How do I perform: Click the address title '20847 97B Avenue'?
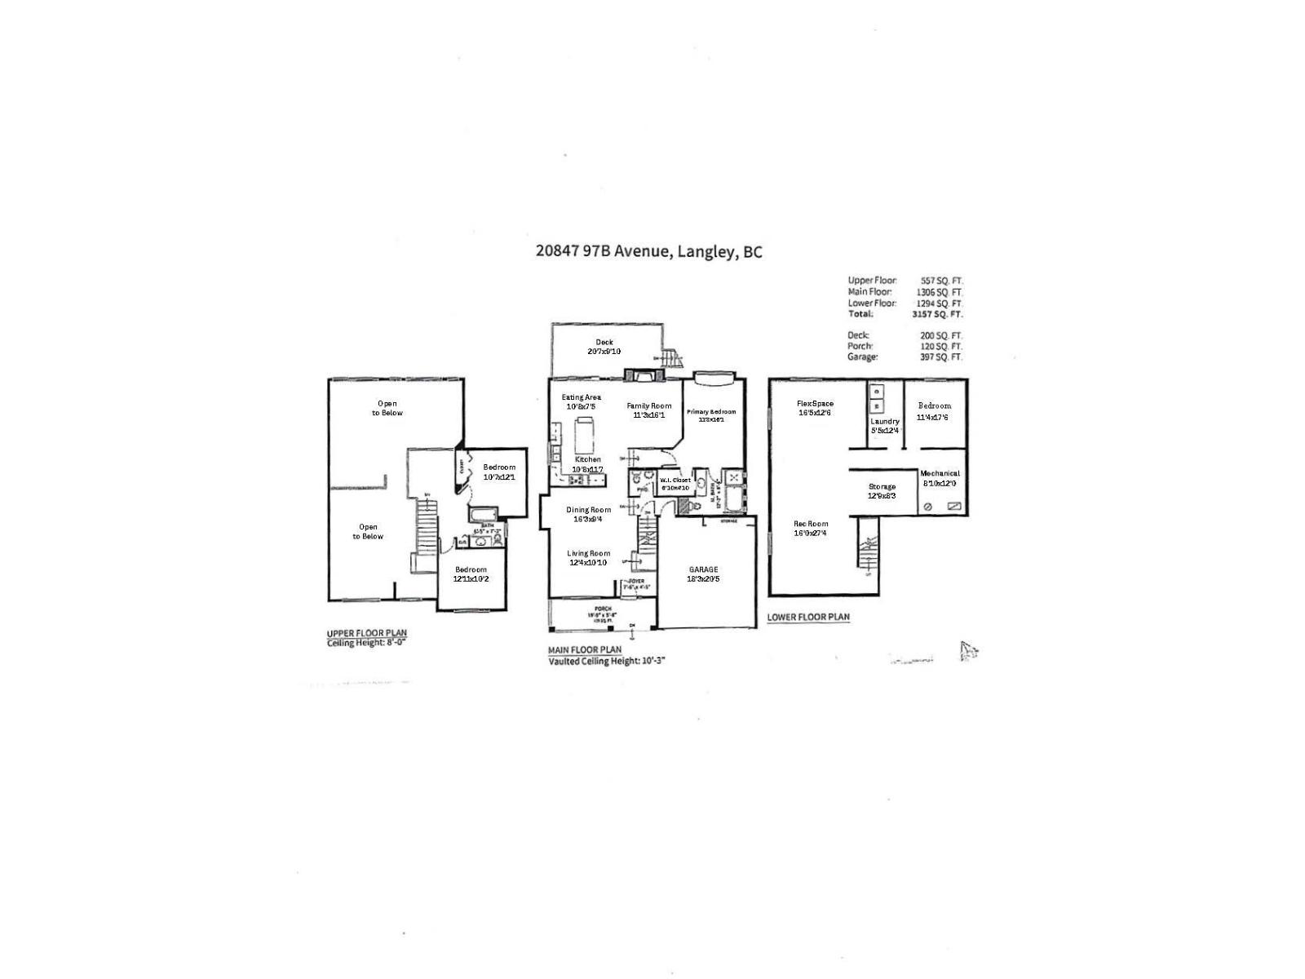click(601, 252)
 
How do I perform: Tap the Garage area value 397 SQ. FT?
click(941, 357)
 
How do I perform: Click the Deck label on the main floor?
click(604, 343)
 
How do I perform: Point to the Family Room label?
click(648, 405)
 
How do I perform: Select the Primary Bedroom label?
click(711, 412)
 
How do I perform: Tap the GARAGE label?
click(703, 569)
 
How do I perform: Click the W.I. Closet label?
click(675, 481)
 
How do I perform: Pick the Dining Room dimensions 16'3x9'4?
click(588, 519)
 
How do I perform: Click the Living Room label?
click(588, 553)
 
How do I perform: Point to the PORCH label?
click(603, 609)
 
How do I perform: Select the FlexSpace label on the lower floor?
click(815, 404)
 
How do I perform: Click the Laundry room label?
click(885, 421)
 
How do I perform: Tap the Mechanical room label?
click(940, 473)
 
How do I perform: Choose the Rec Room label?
click(811, 524)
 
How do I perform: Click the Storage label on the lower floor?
click(882, 486)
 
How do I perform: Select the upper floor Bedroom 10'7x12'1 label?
click(499, 467)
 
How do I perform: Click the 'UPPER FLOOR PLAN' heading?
click(366, 633)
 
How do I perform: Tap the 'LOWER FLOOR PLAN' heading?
click(808, 618)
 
